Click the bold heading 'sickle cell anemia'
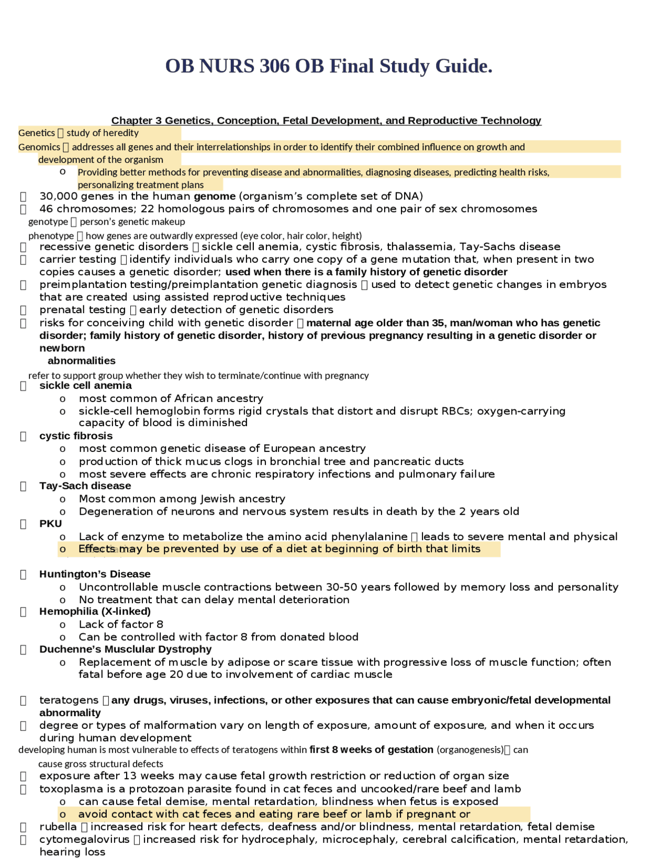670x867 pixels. [85, 385]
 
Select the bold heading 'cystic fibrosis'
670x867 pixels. [76, 436]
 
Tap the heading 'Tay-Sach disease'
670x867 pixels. [85, 486]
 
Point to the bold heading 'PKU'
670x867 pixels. [50, 524]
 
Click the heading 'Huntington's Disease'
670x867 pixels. [95, 574]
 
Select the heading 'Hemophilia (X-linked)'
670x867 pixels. [95, 611]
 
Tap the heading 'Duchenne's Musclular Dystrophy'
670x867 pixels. [125, 649]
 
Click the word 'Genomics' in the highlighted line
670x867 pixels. [39, 147]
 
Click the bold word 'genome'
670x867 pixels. [215, 196]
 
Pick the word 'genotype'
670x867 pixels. [48, 222]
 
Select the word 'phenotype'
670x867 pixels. [51, 236]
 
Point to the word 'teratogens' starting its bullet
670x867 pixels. [69, 700]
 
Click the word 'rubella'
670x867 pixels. [58, 827]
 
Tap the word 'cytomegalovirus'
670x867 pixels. [84, 839]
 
